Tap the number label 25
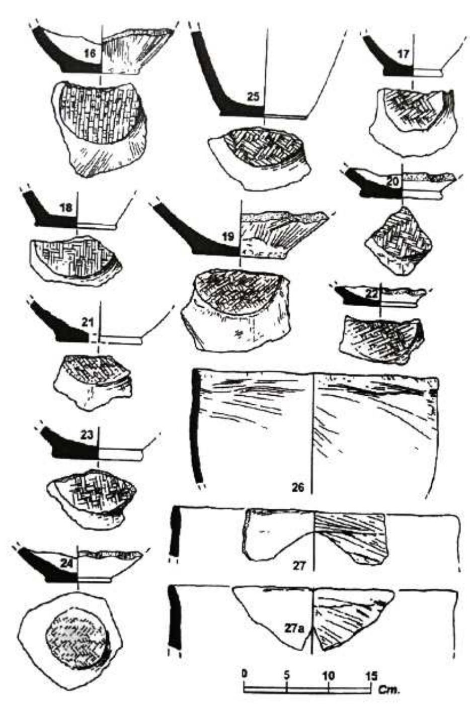click(x=253, y=97)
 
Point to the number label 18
click(x=66, y=208)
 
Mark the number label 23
click(x=86, y=436)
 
